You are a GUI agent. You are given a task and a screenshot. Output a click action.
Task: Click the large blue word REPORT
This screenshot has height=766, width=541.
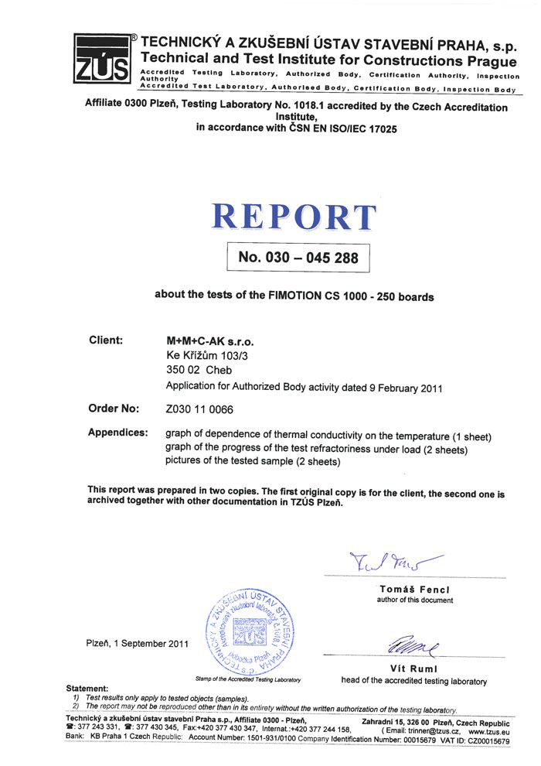[x=294, y=217]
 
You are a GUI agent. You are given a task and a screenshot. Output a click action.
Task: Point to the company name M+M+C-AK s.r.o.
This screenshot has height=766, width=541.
[x=209, y=340]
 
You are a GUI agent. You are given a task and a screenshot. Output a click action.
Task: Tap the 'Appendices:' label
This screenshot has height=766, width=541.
[x=117, y=433]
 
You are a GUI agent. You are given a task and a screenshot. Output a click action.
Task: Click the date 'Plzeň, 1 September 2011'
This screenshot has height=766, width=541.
[x=137, y=643]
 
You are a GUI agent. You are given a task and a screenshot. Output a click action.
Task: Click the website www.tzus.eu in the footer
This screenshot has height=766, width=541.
[x=488, y=730]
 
